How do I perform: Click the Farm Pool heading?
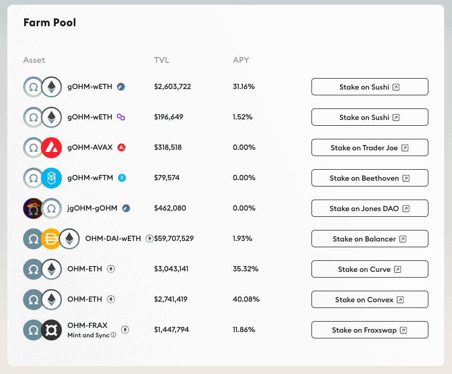[50, 23]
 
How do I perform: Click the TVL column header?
[162, 60]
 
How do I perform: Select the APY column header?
[241, 60]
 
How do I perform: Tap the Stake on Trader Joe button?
[370, 148]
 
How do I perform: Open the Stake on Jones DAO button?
[370, 208]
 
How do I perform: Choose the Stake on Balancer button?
[370, 239]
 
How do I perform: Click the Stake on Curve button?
[370, 269]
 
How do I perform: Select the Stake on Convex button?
[370, 300]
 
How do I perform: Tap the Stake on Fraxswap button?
[370, 330]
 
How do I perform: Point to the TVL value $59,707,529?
[174, 239]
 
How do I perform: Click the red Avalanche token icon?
[51, 148]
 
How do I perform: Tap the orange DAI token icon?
[51, 239]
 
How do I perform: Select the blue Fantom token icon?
[51, 178]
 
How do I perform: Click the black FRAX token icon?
[51, 330]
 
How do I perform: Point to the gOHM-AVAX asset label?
[90, 148]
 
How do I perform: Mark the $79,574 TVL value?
[167, 178]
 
